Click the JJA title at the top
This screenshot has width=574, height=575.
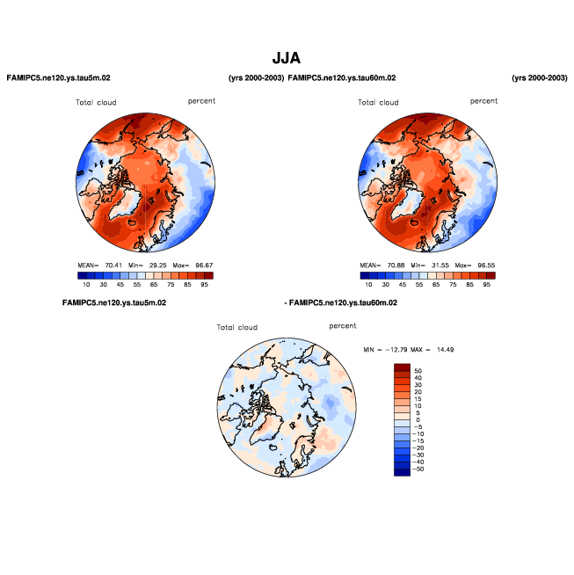click(x=287, y=59)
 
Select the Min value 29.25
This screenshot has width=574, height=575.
click(x=156, y=264)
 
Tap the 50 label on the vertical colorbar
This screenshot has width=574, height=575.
click(x=418, y=371)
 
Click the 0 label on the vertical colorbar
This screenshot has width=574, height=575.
click(x=417, y=420)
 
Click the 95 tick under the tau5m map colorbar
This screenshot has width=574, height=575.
click(x=204, y=285)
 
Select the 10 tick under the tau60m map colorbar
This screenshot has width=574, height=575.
click(x=368, y=285)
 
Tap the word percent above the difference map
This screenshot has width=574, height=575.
click(x=343, y=325)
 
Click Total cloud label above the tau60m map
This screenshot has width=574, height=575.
click(x=378, y=103)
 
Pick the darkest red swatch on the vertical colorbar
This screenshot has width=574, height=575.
click(x=402, y=367)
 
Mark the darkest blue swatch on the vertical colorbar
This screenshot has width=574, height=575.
click(x=402, y=473)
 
